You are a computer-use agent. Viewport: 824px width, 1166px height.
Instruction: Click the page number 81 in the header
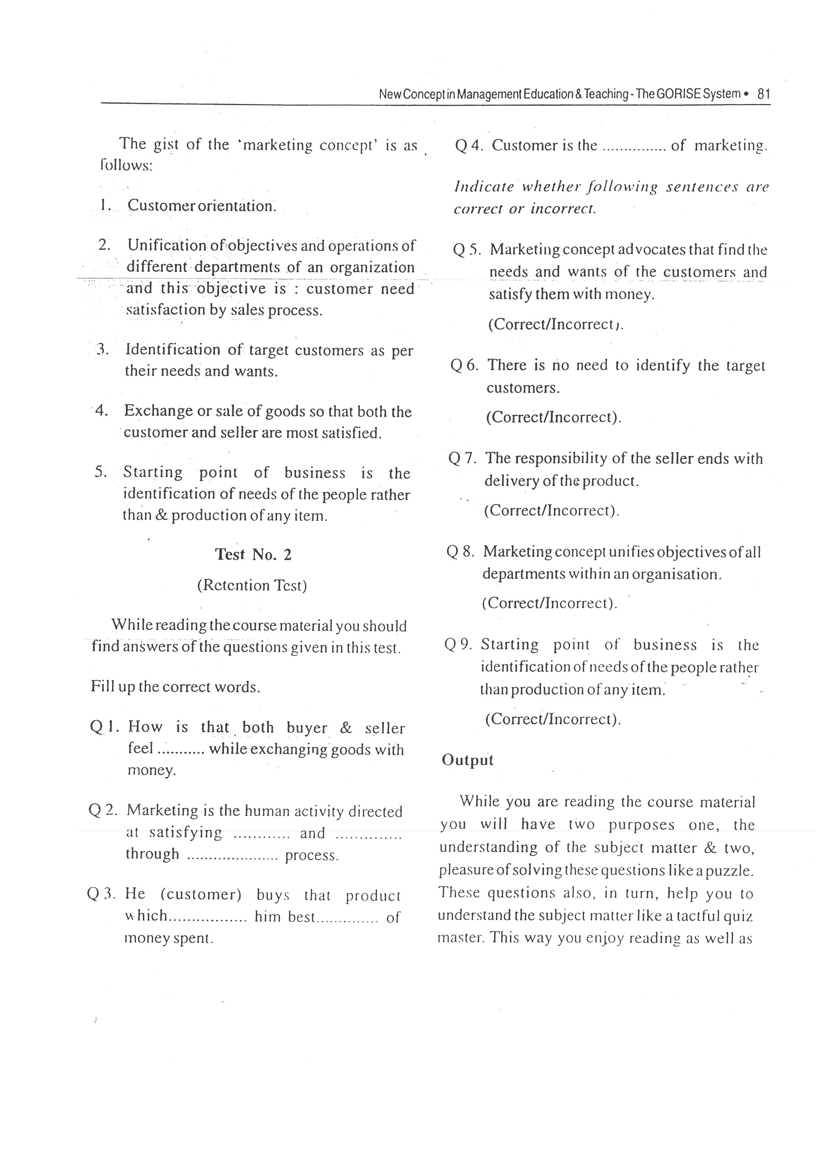[764, 94]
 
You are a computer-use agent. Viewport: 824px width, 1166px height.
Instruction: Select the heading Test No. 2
[253, 554]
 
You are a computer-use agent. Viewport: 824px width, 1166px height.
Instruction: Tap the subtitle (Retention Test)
[252, 586]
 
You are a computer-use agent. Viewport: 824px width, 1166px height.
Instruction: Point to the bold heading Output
[467, 760]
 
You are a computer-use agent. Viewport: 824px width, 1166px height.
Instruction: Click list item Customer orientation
[202, 206]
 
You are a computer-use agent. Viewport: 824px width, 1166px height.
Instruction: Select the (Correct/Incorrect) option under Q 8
[549, 603]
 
